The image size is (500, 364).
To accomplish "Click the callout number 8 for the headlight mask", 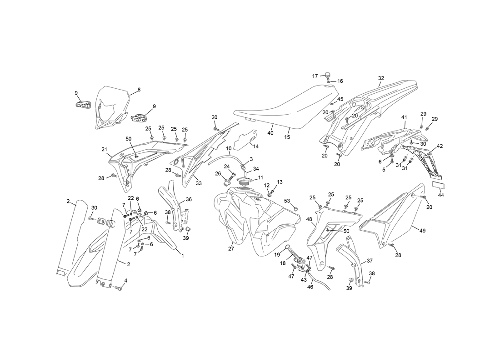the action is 139,90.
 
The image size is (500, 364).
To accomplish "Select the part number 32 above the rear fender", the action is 381,78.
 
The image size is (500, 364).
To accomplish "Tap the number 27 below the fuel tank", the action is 231,248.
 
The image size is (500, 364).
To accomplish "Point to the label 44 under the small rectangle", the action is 441,195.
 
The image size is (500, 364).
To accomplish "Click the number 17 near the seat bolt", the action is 315,76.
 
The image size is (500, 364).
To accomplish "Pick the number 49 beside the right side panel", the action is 422,230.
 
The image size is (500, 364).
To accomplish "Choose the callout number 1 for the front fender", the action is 183,256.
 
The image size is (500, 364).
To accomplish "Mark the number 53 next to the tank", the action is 287,201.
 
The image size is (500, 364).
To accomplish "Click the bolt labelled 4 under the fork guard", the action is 120,288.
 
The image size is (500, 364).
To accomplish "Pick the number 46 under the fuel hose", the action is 310,287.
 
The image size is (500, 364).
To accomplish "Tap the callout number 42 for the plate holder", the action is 440,146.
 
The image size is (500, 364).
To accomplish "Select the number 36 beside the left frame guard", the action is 189,199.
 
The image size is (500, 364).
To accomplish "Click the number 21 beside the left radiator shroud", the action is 104,149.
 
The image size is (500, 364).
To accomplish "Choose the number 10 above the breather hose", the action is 229,148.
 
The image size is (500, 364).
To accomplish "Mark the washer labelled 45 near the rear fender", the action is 332,104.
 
